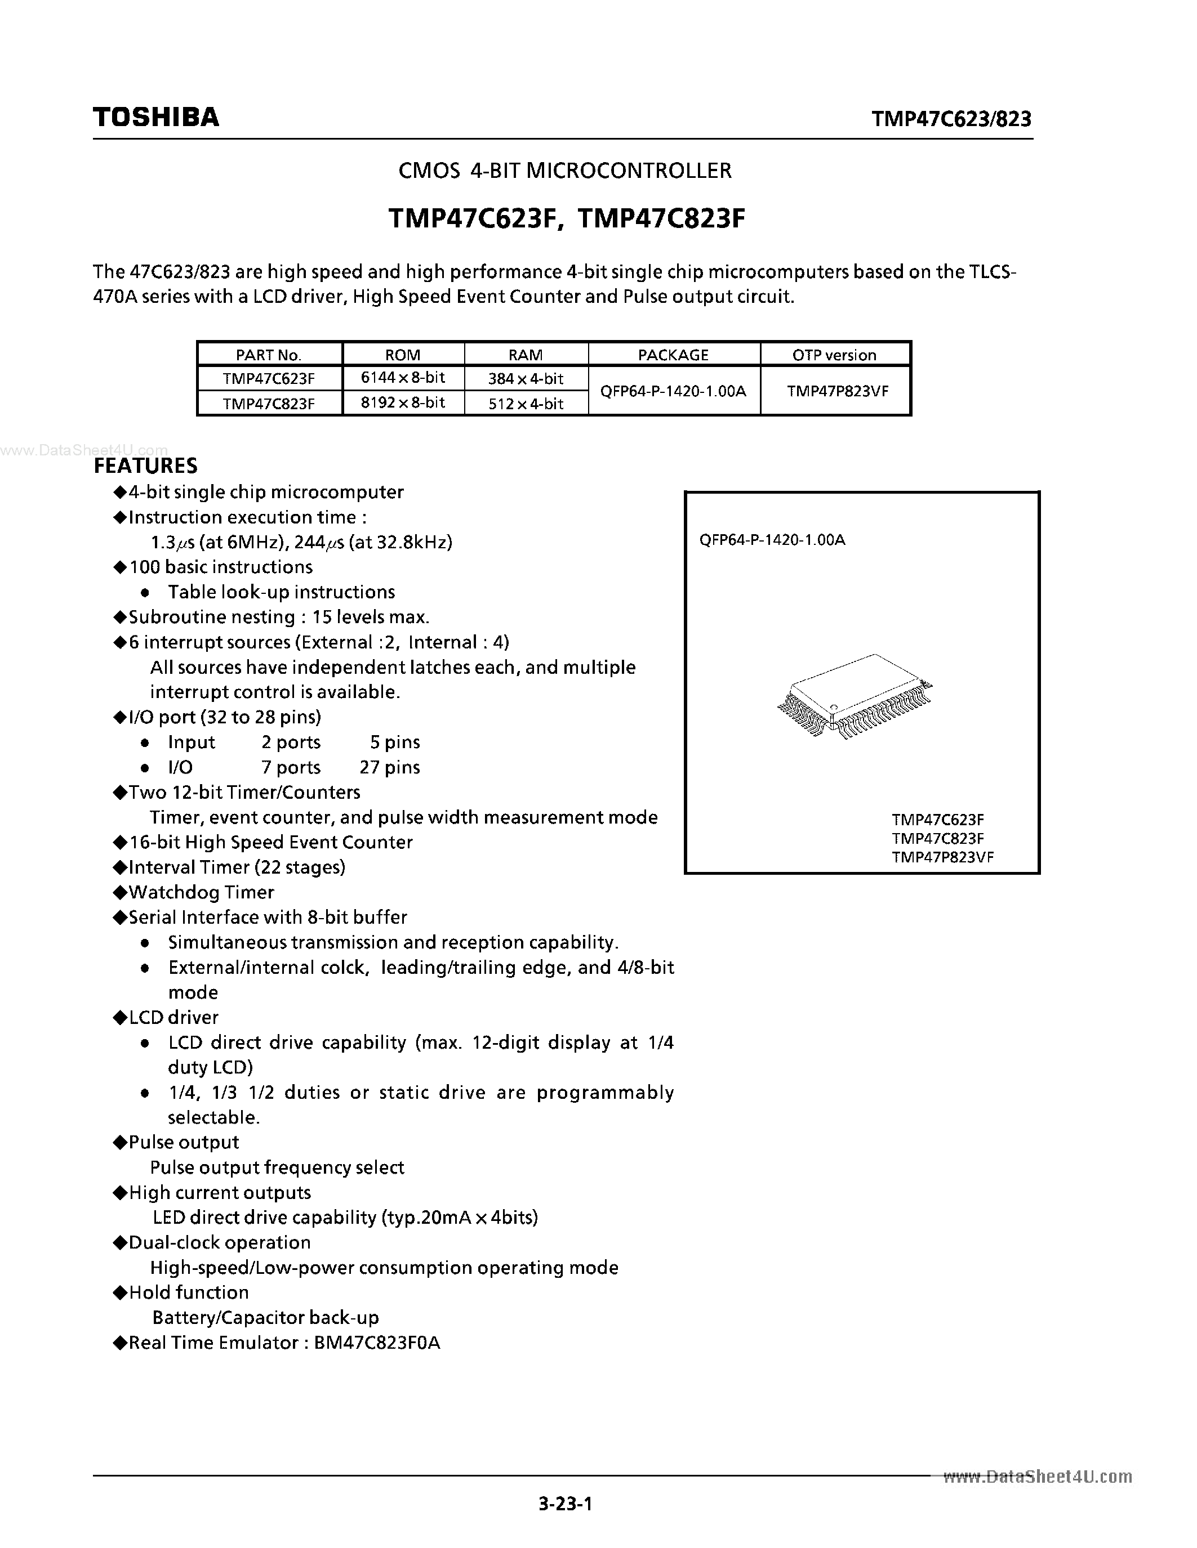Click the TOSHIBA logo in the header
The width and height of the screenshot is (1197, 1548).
(156, 117)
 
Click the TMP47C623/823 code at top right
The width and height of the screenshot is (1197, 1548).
(951, 118)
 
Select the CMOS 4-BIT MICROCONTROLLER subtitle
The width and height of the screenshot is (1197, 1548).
(564, 170)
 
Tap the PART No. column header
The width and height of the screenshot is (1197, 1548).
(269, 355)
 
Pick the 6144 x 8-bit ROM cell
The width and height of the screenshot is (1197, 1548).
(403, 378)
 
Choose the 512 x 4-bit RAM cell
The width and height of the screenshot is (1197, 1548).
(526, 403)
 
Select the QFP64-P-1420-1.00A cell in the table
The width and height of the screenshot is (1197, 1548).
(673, 391)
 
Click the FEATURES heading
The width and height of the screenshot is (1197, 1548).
(145, 466)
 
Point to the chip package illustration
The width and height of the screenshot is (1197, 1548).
(855, 697)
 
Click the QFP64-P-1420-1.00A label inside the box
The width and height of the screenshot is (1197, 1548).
(772, 540)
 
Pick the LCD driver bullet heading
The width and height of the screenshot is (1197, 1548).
(173, 1017)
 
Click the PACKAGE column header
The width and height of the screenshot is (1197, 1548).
(673, 355)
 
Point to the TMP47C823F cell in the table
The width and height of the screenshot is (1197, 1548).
(269, 403)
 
